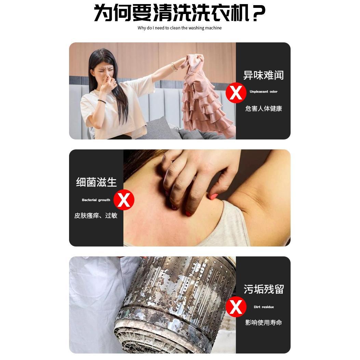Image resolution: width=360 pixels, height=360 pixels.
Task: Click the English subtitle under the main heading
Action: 179,28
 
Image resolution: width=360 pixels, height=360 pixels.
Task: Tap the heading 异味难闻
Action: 263,75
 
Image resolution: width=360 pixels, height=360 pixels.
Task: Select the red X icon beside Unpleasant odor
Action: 236,93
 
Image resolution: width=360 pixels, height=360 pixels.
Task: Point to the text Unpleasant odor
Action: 263,92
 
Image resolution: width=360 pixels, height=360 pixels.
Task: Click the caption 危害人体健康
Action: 263,109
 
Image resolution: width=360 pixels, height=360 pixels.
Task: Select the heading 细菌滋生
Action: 96,182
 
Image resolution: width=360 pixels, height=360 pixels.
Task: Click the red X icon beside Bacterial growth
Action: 124,200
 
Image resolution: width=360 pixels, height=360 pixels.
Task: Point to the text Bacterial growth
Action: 96,200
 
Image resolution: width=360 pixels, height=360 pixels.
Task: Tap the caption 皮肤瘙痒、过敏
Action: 96,216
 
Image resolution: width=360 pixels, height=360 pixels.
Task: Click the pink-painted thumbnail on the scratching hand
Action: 214,197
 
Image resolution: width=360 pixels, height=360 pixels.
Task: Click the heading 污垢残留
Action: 263,289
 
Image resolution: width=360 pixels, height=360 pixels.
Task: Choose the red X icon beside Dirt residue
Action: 236,307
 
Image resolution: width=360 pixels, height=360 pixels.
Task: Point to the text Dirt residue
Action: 264,307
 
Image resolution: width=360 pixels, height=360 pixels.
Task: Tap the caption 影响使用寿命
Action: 263,323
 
